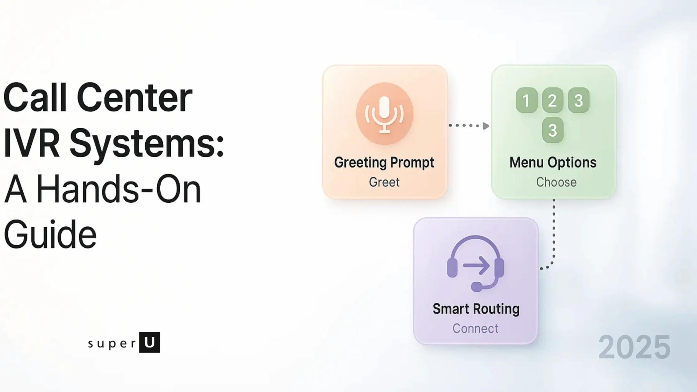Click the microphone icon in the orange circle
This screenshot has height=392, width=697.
[384, 114]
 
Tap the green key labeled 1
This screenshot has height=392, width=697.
[526, 100]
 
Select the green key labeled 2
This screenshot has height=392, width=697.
[552, 100]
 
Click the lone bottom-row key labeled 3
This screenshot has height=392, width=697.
[553, 130]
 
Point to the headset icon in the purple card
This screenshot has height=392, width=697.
[476, 263]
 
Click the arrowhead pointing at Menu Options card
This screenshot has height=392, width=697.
[485, 126]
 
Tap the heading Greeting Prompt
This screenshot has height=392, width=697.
[384, 163]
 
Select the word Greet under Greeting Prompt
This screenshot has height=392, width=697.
[384, 182]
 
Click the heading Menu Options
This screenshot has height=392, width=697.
[553, 163]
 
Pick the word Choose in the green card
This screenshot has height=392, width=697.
[556, 182]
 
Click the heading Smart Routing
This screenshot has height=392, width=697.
[476, 309]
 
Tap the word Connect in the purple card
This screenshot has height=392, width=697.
[475, 329]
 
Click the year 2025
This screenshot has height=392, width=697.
[634, 347]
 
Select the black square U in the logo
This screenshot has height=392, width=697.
[150, 342]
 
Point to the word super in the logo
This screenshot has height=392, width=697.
[112, 344]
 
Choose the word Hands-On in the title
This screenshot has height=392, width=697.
[118, 189]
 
